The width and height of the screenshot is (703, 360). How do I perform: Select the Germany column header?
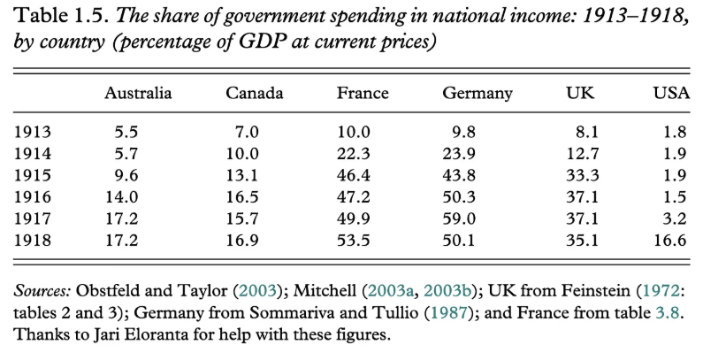tap(477, 93)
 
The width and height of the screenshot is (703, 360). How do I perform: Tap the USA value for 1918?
tap(675, 241)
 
